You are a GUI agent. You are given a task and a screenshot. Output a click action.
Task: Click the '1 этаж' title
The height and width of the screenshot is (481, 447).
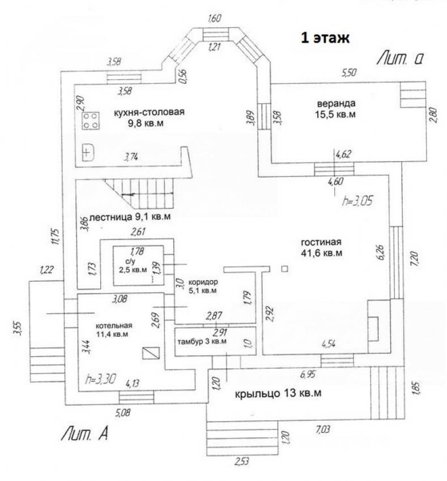point(325,38)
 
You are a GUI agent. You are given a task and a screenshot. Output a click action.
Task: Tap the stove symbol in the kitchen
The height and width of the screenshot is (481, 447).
point(91,121)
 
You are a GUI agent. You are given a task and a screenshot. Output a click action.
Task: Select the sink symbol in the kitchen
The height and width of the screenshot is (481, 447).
point(88,152)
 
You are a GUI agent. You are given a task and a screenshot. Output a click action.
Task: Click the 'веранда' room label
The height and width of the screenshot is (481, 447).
point(336,104)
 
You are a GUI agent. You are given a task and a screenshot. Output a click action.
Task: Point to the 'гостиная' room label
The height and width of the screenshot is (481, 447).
point(321,242)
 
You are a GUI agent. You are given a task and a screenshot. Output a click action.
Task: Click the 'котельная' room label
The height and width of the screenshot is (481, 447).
point(114,325)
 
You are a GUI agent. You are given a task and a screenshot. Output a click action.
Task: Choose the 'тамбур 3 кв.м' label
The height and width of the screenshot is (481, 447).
point(202,341)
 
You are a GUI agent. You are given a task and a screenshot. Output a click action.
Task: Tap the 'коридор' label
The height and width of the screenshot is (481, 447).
point(203,282)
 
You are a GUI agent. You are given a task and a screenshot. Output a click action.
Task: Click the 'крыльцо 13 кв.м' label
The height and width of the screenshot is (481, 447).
point(278,393)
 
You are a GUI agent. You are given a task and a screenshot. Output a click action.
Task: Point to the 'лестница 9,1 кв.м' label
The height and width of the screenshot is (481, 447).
point(130,217)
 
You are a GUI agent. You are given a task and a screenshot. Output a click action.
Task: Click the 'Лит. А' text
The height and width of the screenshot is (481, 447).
point(85,433)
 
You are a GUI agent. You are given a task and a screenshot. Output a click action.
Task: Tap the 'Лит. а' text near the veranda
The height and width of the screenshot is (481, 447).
point(401,58)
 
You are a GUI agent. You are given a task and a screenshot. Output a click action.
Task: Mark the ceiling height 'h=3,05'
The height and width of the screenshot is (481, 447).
point(357,201)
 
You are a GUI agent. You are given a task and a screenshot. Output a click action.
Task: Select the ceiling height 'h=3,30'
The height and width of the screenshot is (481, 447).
point(100,380)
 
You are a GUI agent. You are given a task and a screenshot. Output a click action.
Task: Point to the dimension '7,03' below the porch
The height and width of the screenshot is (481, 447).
point(322,429)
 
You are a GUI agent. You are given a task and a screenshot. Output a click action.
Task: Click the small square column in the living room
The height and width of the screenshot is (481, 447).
point(285,269)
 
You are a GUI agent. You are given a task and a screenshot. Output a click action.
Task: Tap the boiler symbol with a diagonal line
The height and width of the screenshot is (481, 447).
point(151,353)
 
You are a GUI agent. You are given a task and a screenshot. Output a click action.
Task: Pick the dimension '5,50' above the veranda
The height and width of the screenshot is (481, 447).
point(349,72)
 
